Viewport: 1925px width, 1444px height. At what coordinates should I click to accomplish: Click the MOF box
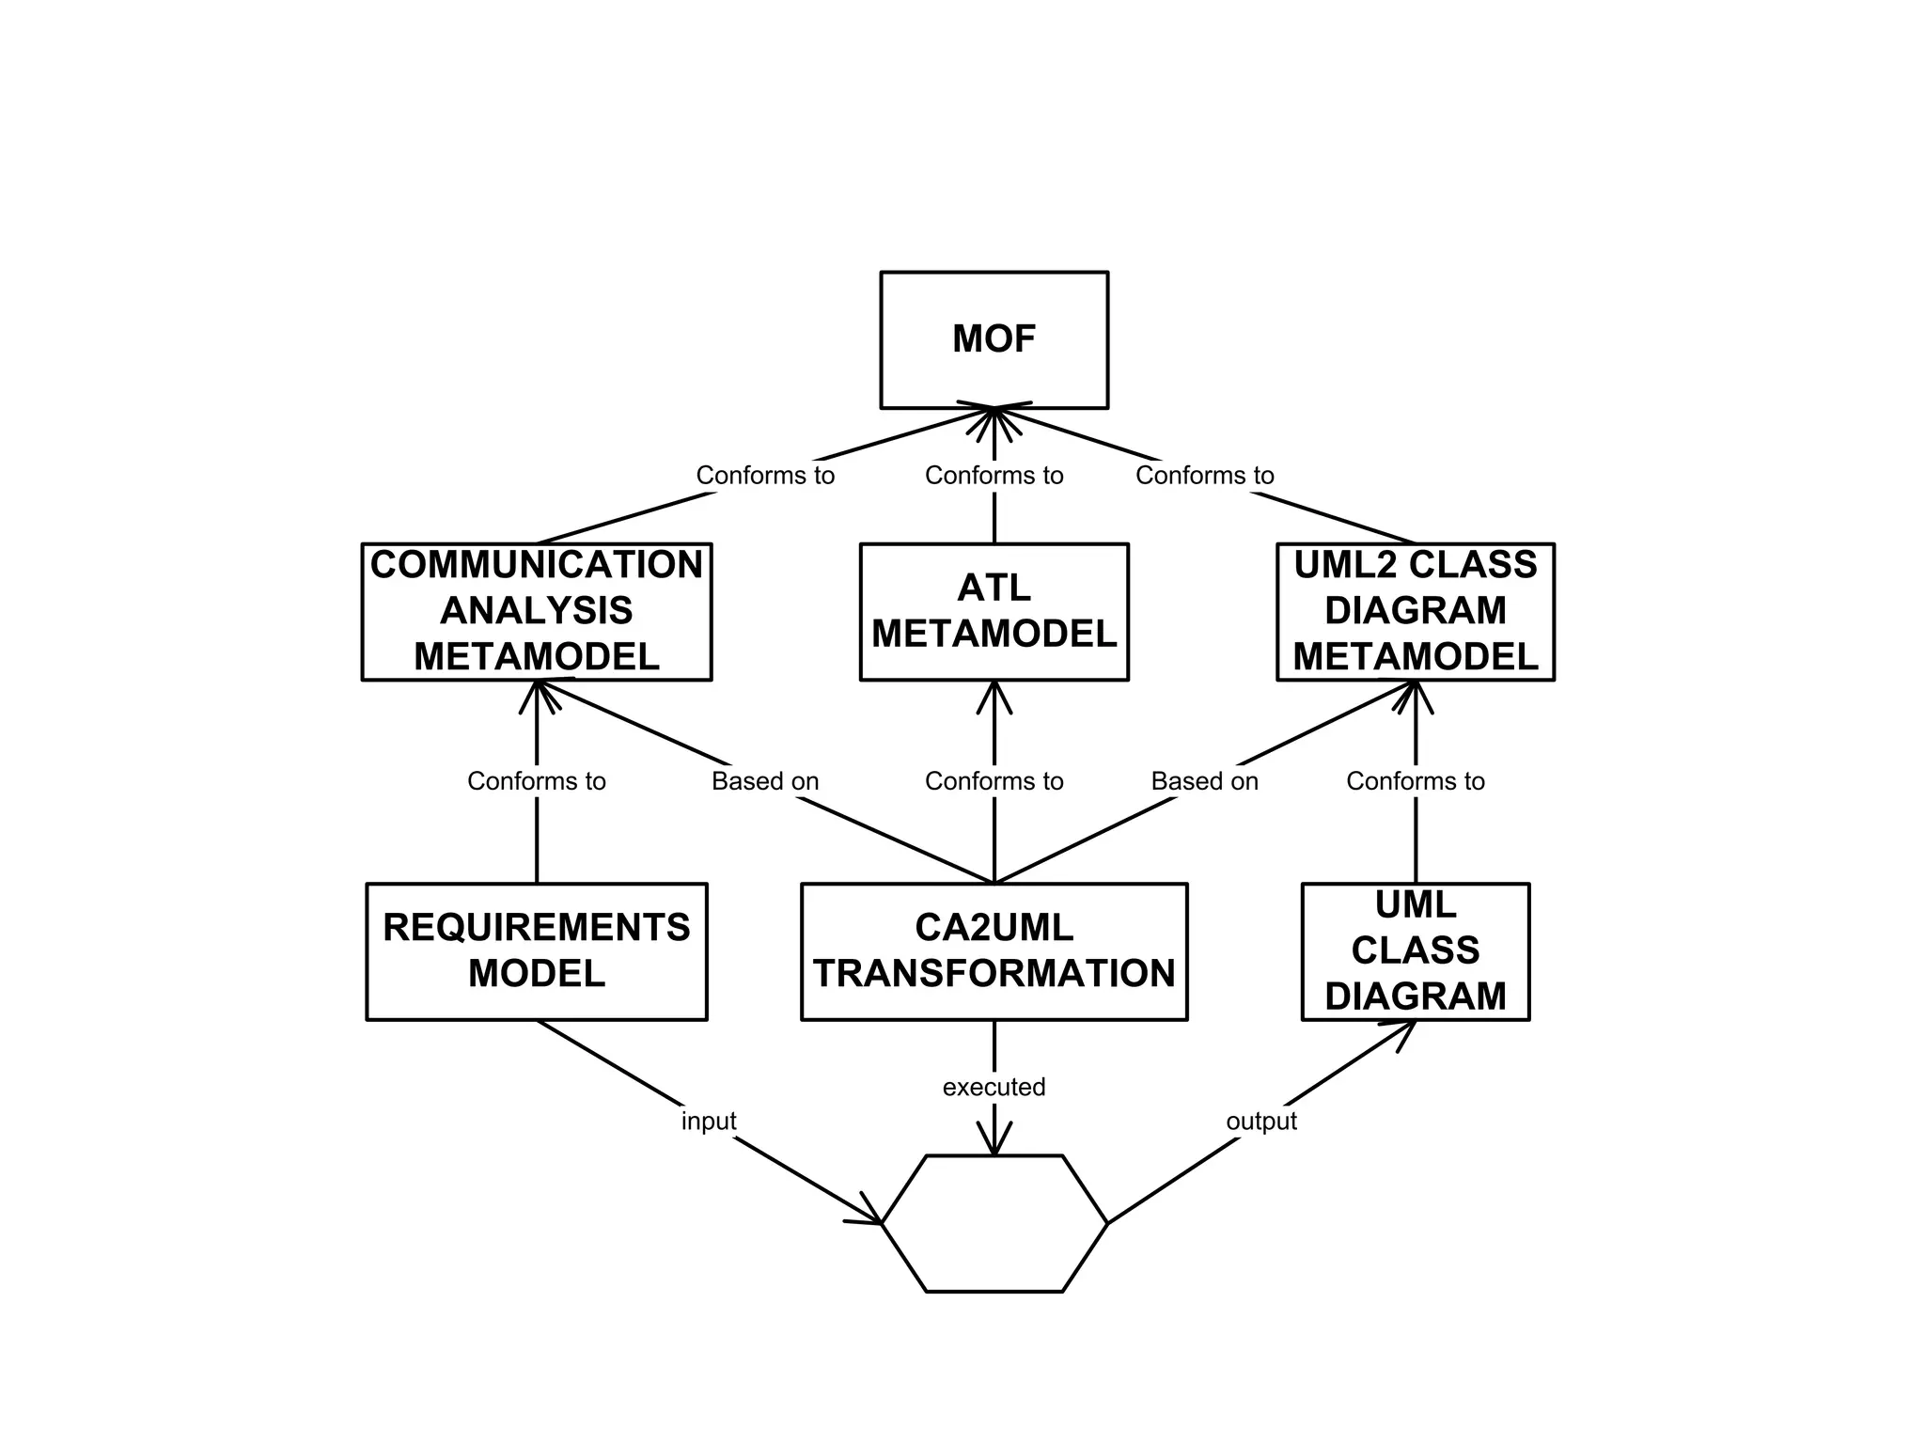994,340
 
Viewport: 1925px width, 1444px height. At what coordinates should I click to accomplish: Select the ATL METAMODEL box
994,611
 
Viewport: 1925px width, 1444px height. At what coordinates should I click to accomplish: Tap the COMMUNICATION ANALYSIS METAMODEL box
536,611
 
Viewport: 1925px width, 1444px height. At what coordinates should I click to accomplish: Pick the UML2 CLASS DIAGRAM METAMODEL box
1415,611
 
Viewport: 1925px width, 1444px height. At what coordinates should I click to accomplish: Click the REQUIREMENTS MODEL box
536,950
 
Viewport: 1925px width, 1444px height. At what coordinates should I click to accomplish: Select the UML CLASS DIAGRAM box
1415,950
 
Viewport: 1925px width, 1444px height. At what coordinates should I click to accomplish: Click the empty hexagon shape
994,1223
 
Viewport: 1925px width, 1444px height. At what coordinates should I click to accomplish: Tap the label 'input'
708,1121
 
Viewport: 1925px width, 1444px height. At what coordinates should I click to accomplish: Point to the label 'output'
1260,1121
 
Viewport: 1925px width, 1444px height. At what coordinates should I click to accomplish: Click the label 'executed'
994,1087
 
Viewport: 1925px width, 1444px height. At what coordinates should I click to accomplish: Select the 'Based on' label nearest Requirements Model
765,781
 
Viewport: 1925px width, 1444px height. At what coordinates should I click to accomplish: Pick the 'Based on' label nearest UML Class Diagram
1204,781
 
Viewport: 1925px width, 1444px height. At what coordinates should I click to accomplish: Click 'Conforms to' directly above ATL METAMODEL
994,476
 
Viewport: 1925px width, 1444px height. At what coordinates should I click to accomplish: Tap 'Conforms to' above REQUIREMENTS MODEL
536,781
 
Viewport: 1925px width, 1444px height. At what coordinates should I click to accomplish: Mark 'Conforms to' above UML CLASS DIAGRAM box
1415,781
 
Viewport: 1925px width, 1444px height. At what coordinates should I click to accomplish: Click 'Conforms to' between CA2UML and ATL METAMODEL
994,781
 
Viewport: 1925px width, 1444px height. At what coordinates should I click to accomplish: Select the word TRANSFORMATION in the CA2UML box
994,974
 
